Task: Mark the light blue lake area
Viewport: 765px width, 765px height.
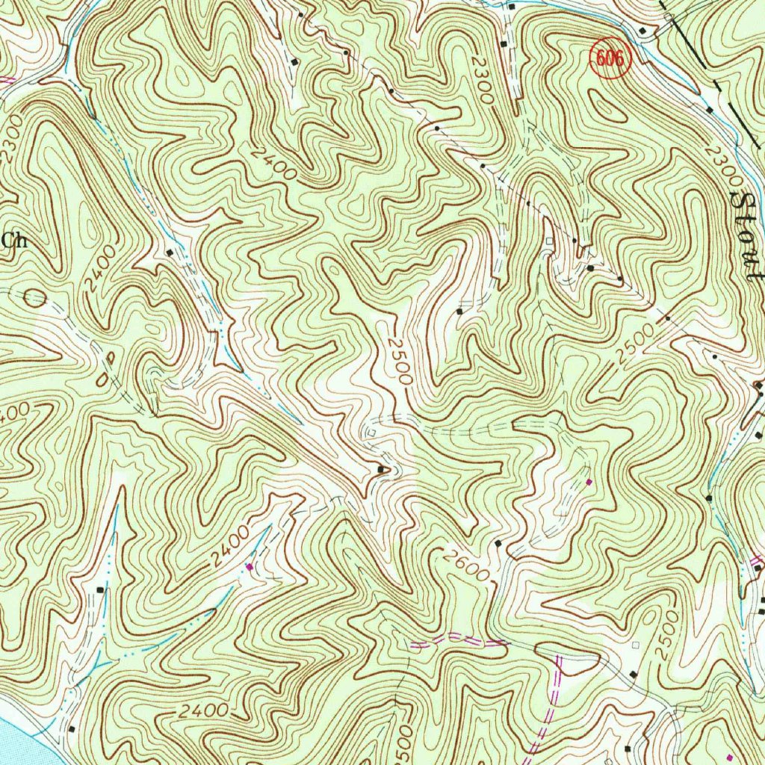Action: pyautogui.click(x=19, y=736)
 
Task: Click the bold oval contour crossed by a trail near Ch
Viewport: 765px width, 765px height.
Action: pyautogui.click(x=34, y=299)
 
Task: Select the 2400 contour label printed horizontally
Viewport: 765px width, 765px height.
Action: pyautogui.click(x=203, y=710)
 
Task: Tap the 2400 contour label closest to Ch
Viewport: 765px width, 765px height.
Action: pyautogui.click(x=102, y=268)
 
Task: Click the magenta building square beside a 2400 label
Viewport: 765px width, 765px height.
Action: pyautogui.click(x=250, y=567)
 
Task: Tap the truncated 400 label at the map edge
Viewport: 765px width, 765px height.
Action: pyautogui.click(x=13, y=412)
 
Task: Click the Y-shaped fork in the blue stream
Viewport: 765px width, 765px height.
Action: pyautogui.click(x=222, y=329)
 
